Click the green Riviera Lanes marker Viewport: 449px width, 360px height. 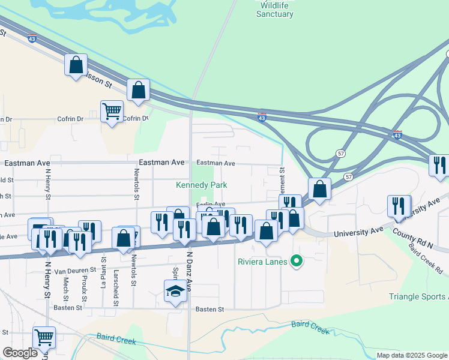tap(295, 261)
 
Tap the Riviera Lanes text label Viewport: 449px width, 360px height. tap(262, 261)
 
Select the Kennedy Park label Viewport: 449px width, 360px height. tap(200, 185)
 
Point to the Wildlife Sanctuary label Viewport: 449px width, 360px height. tap(274, 10)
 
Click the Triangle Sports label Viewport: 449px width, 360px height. tap(418, 296)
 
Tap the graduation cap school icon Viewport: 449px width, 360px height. tap(175, 292)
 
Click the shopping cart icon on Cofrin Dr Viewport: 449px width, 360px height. tap(112, 111)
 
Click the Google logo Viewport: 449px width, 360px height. tap(20, 353)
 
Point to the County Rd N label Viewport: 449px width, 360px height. tap(413, 239)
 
